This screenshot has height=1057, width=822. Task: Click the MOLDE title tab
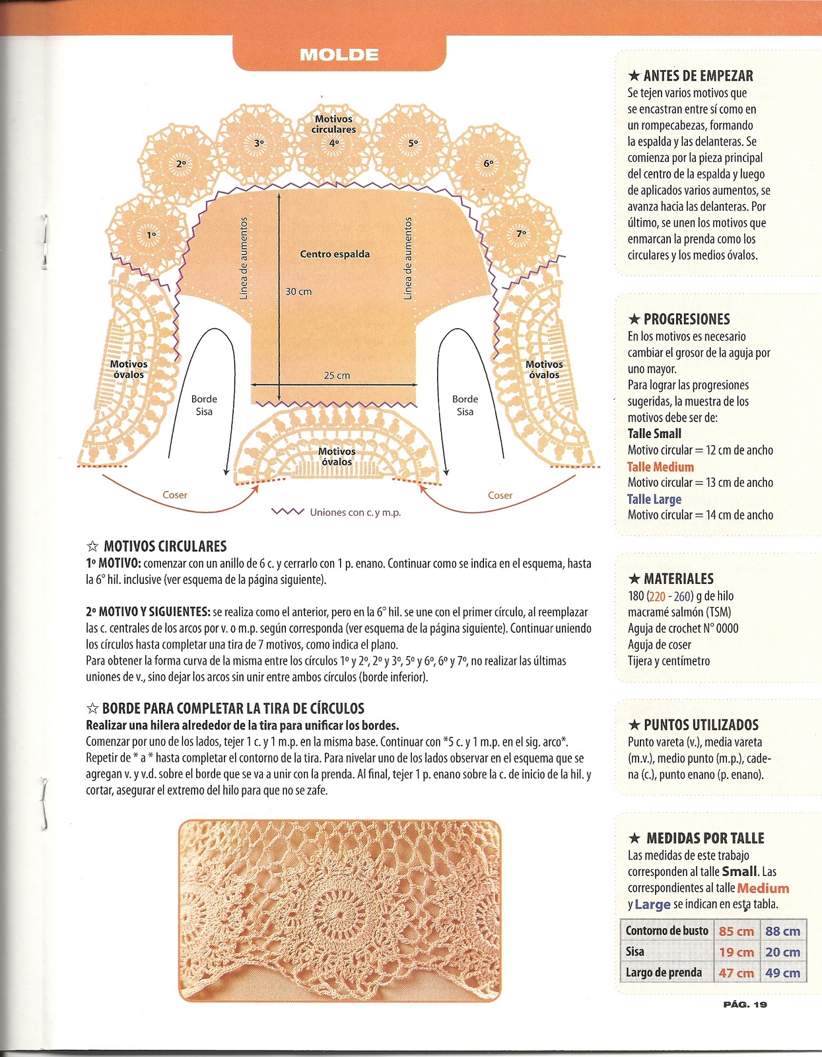pos(339,54)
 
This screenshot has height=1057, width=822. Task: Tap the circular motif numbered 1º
pos(151,234)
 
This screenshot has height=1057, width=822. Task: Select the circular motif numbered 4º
pos(334,143)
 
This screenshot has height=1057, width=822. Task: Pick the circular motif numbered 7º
pos(521,233)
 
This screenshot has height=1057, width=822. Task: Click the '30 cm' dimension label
pos(298,291)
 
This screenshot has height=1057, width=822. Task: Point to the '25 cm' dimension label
pos(337,375)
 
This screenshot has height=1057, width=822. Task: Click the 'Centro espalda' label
pos(335,254)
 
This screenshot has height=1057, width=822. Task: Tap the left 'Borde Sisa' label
pos(204,405)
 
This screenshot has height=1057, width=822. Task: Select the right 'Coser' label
pos(500,495)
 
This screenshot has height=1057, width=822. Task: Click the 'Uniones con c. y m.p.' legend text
pos(355,512)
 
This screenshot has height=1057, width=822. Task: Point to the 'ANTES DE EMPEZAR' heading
pos(698,76)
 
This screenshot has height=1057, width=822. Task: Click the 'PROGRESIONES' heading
pos(687,320)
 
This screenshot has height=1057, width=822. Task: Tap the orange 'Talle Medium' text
pos(660,466)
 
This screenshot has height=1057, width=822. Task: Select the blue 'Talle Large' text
pos(654,499)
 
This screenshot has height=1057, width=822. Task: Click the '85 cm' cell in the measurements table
pos(736,931)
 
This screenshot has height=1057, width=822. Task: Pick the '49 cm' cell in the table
pos(782,972)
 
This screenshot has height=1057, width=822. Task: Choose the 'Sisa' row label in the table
pos(635,952)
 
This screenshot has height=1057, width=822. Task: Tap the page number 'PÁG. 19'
pos(745,1004)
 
